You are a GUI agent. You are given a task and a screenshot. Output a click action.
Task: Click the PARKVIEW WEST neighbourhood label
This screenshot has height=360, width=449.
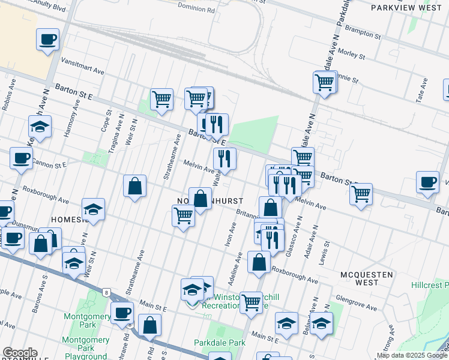point(406,8)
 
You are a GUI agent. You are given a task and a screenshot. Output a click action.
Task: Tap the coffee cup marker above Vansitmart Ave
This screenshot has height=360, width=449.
point(47,40)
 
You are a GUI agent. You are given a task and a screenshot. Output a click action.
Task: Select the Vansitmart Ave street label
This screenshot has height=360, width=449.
point(83,67)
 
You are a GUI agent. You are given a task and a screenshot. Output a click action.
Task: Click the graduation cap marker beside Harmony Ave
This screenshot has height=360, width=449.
point(40,127)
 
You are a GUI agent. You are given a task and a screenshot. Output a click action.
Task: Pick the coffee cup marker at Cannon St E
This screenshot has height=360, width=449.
point(21,159)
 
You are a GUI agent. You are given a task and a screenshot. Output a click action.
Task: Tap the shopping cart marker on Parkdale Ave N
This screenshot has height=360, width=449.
point(325,82)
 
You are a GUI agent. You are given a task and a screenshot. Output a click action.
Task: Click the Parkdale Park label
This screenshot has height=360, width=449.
point(220,343)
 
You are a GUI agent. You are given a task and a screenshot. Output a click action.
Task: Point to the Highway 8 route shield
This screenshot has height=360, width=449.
point(106,292)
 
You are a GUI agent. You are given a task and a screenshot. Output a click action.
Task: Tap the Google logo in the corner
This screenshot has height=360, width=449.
point(19,353)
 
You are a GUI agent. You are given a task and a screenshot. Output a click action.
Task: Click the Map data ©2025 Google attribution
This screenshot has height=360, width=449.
point(412,355)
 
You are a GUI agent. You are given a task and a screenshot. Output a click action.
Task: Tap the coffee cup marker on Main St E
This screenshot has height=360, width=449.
point(122,312)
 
